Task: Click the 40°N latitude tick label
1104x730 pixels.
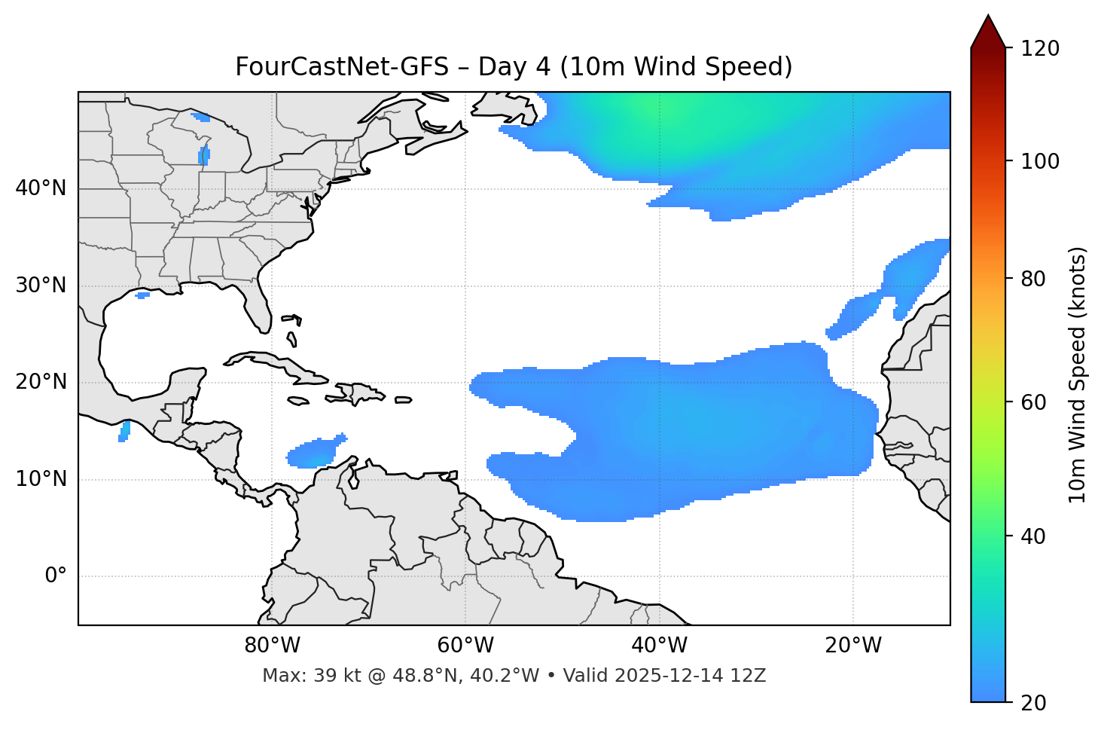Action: [41, 188]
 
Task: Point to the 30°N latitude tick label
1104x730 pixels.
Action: [41, 286]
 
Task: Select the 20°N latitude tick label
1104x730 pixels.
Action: [41, 382]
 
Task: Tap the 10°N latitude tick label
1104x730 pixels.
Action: [41, 479]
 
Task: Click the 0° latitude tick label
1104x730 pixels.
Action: [56, 576]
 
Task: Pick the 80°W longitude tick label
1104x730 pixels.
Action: [272, 646]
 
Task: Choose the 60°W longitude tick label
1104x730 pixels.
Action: [465, 646]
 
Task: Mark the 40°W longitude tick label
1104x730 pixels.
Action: [659, 646]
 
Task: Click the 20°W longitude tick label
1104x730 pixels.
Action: [852, 646]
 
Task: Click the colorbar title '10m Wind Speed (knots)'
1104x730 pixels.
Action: [1078, 374]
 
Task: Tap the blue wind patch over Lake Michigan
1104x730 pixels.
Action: [204, 155]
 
